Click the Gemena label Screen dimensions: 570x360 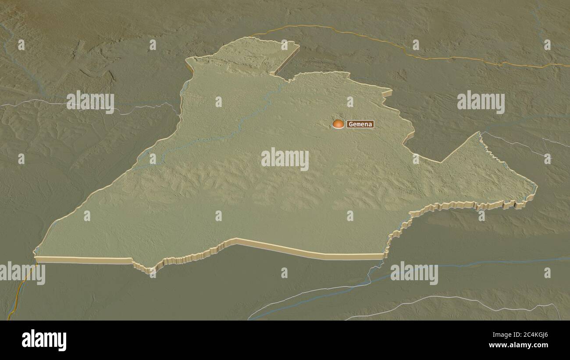coord(360,124)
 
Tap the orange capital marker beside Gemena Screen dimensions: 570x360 coord(338,124)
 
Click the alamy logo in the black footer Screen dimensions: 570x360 coord(44,340)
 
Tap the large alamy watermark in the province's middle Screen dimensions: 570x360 coord(285,159)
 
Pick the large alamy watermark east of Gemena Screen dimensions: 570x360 coord(481,102)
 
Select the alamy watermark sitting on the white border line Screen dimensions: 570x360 coord(90,102)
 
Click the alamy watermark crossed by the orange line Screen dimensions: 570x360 coord(23,273)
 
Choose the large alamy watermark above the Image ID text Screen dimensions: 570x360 coord(414,273)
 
